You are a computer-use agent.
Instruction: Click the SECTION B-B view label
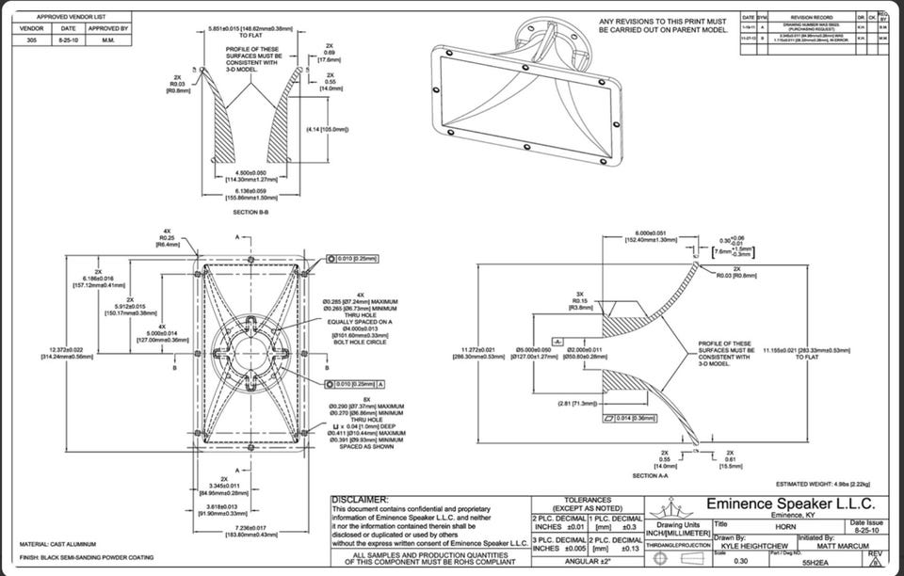pyautogui.click(x=251, y=213)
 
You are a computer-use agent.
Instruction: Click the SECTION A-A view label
pyautogui.click(x=659, y=475)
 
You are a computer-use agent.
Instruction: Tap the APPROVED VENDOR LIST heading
pyautogui.click(x=71, y=17)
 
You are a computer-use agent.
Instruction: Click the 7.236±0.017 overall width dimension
pyautogui.click(x=250, y=528)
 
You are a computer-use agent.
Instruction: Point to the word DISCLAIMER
pyautogui.click(x=363, y=499)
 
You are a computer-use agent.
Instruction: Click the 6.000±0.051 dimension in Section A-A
pyautogui.click(x=652, y=233)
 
